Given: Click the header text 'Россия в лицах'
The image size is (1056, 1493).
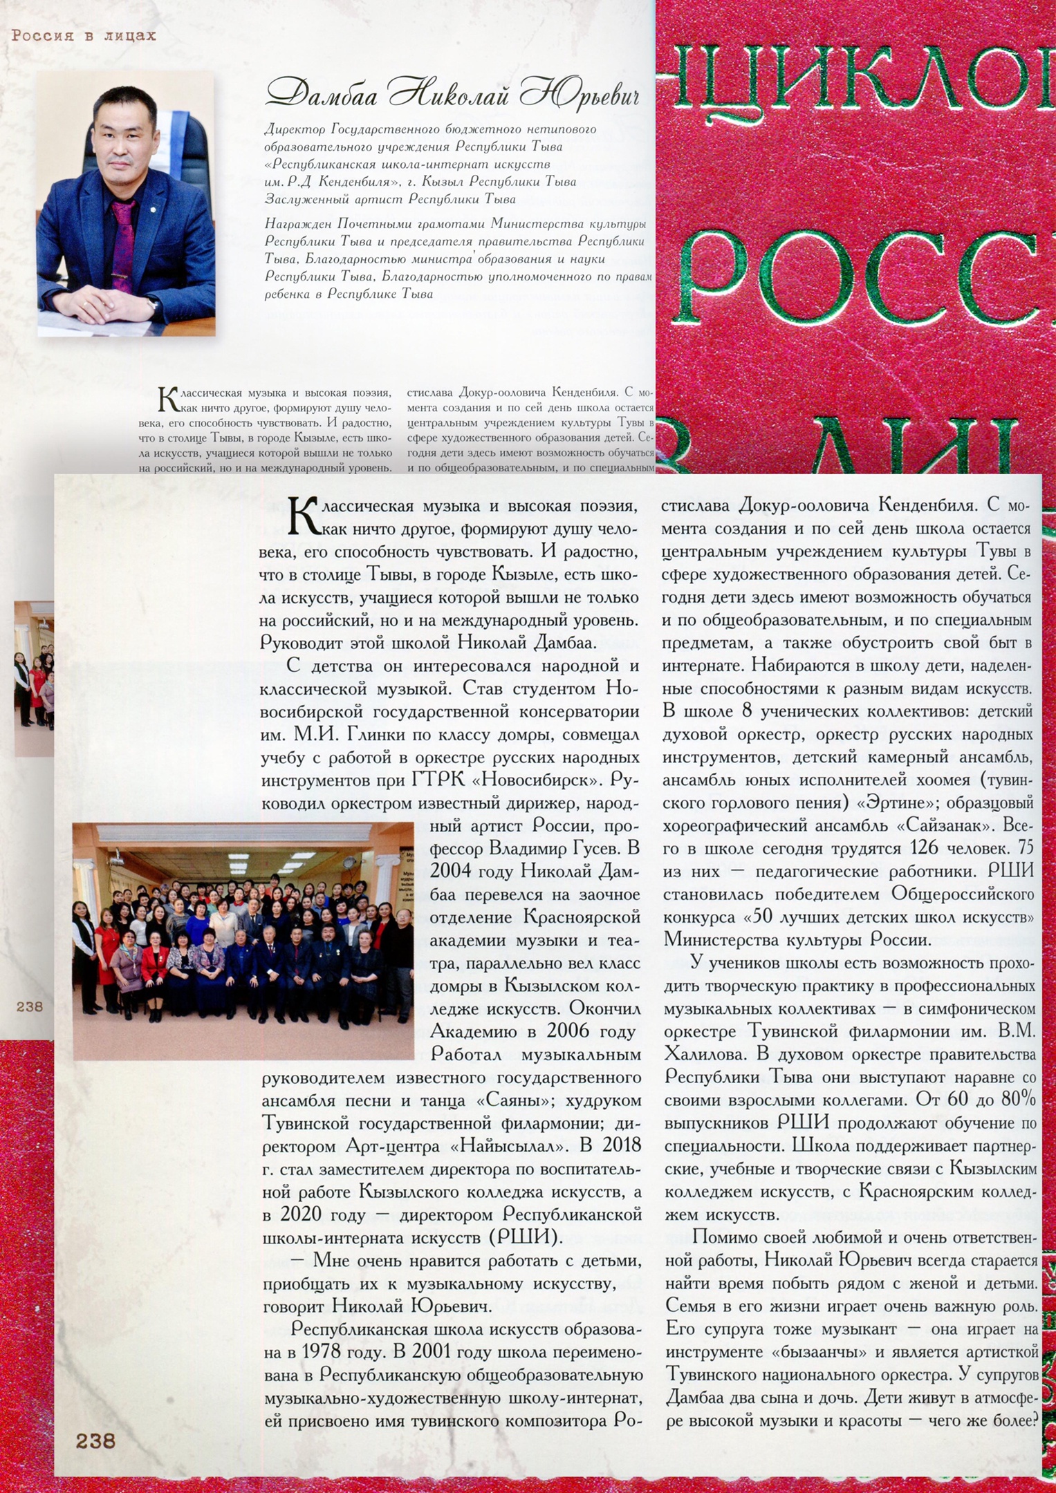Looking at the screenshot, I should click(x=84, y=35).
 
